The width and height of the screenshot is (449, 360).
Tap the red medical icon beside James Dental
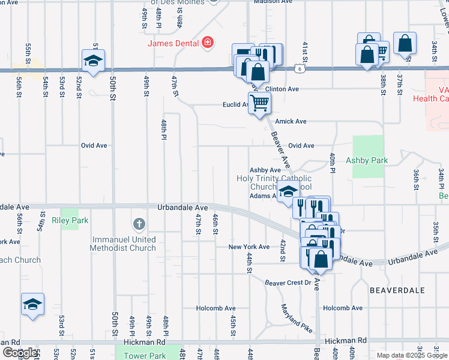(208, 42)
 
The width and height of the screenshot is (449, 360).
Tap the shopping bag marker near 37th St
(406, 43)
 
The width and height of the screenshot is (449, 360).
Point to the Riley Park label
(71, 220)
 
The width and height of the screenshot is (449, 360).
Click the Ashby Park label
(367, 160)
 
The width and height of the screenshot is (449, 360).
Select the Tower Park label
(144, 355)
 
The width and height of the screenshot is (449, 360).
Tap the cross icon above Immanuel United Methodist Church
(139, 225)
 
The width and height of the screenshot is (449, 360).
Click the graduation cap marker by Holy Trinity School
(289, 192)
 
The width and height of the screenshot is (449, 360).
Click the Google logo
(19, 353)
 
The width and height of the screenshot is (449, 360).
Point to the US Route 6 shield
(299, 70)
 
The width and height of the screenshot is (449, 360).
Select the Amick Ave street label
(291, 121)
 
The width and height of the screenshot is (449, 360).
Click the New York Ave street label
(249, 247)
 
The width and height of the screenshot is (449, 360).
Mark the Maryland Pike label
(297, 319)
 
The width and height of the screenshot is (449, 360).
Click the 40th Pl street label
(331, 163)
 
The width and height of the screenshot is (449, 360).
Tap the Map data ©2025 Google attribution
(412, 355)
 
